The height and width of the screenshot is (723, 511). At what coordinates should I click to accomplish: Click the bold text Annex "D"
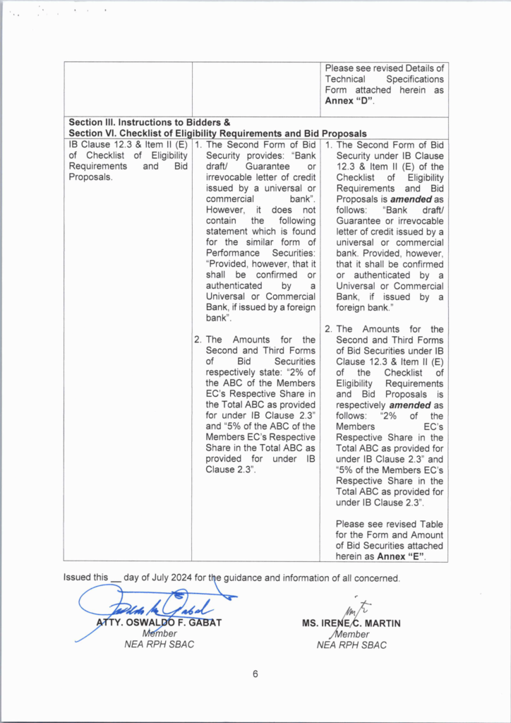point(349,101)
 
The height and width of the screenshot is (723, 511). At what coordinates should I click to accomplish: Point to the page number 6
point(255,674)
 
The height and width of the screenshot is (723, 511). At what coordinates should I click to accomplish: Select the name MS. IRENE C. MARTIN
point(351,624)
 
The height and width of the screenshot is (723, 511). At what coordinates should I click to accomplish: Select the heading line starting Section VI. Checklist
point(217,133)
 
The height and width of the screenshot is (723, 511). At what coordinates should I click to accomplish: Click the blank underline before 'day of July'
point(116,579)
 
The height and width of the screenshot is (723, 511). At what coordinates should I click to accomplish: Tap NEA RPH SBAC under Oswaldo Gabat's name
point(159,645)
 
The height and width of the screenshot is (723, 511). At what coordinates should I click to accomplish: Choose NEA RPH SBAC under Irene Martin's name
point(351,645)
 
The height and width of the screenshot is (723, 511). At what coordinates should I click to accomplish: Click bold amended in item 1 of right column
point(401,199)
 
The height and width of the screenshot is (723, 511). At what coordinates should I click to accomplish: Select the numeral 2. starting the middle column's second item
point(198,340)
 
